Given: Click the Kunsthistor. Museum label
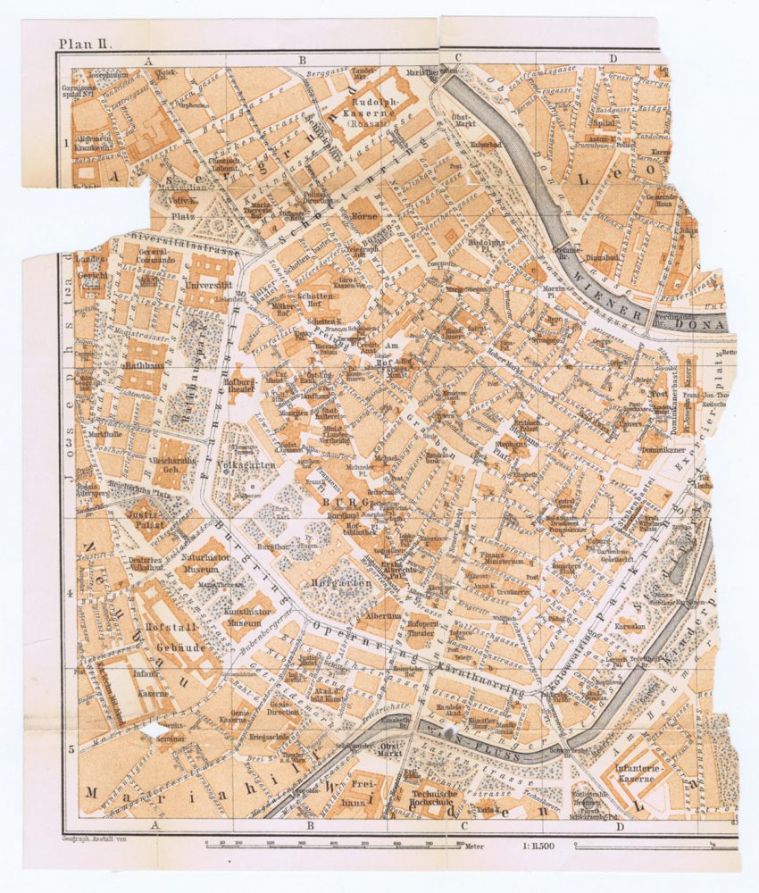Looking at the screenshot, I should (238, 615).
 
